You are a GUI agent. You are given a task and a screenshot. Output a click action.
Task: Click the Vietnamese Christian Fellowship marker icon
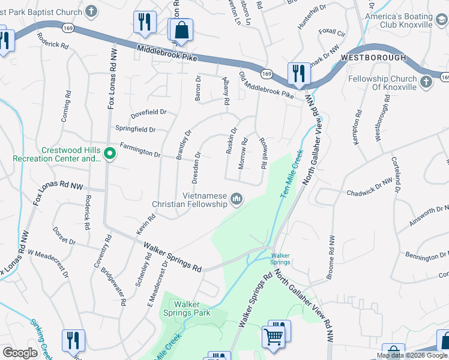[x=238, y=199]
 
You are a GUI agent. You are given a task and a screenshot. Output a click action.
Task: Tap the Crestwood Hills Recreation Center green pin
[x=109, y=154]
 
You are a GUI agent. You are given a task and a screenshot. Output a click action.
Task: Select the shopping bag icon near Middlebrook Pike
[x=181, y=29]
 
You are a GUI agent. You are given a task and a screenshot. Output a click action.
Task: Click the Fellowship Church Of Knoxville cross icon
[x=426, y=82]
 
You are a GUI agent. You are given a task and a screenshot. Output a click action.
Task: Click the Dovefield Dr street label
[x=148, y=112]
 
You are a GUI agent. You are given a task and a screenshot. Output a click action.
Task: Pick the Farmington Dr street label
[x=140, y=150]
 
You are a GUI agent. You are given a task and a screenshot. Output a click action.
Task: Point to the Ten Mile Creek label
[x=291, y=175]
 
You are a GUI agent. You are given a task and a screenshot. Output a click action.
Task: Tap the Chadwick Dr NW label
[x=369, y=193]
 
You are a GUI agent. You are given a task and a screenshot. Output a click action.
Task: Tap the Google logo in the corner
[x=20, y=352]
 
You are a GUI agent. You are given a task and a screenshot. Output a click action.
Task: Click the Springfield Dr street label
[x=136, y=129]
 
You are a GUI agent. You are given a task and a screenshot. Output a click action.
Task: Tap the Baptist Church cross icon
[x=91, y=11]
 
